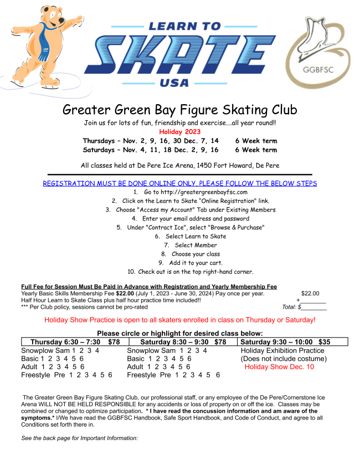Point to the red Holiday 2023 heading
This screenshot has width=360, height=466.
[x=179, y=132]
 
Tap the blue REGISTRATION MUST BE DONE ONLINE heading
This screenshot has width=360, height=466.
[x=179, y=183]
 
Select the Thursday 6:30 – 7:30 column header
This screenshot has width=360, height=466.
[x=75, y=342]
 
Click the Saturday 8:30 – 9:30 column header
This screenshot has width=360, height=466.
[x=181, y=342]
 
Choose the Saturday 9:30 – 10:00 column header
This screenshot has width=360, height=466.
[x=285, y=342]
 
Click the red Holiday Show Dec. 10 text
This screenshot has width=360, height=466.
[x=279, y=367]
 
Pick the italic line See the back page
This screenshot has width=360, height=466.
[x=79, y=438]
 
